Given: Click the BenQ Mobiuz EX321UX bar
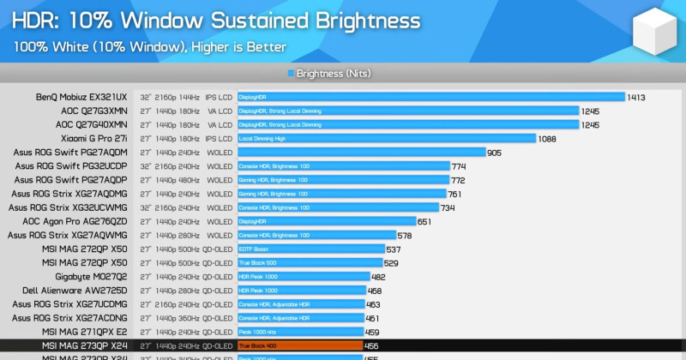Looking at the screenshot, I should pos(430,97).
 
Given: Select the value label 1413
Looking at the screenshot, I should pos(636,98).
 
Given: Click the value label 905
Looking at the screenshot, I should pos(494,153).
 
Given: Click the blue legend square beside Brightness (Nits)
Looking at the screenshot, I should pos(292,74).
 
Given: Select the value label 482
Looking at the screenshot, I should pos(379,277).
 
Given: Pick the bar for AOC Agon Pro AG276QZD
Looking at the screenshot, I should pos(326,221).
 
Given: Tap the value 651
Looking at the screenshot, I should pos(424,221).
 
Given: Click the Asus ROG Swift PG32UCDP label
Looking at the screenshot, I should pos(70,166).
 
